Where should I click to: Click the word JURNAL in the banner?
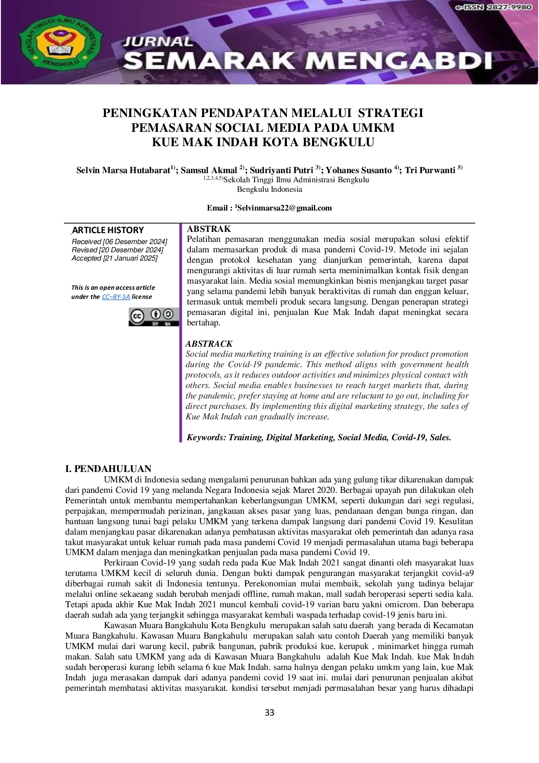pyautogui.click(x=157, y=42)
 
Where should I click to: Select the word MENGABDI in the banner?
pyautogui.click(x=402, y=60)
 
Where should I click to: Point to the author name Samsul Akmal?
pyautogui.click(x=209, y=170)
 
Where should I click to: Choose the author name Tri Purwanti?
pyautogui.click(x=430, y=170)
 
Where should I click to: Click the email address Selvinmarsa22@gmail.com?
pyautogui.click(x=284, y=208)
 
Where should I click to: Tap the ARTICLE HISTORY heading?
pyautogui.click(x=108, y=230)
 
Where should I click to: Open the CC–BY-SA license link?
pyautogui.click(x=116, y=297)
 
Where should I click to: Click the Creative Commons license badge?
pyautogui.click(x=154, y=317)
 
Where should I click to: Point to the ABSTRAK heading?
pyautogui.click(x=209, y=229)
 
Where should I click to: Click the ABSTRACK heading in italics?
pyautogui.click(x=209, y=344)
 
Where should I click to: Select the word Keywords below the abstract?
pyautogui.click(x=206, y=438)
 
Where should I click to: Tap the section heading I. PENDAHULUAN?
pyautogui.click(x=108, y=469)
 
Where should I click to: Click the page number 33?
pyautogui.click(x=269, y=713)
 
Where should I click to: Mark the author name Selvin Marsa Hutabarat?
pyautogui.click(x=123, y=170)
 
